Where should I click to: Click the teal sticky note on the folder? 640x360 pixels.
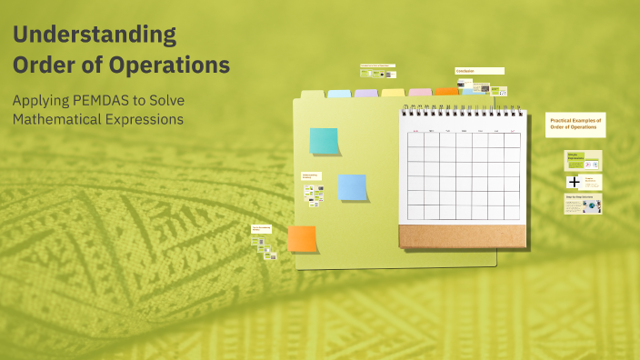click(324, 141)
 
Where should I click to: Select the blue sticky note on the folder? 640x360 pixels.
click(352, 187)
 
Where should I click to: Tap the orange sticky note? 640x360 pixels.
click(302, 239)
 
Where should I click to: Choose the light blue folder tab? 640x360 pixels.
click(339, 93)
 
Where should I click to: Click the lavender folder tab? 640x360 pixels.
click(366, 93)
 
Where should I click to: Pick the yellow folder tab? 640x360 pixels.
click(393, 93)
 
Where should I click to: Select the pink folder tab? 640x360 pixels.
click(420, 92)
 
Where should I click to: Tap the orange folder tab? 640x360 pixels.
click(446, 91)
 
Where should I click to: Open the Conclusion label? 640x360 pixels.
click(479, 71)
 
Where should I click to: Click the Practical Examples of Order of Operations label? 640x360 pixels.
click(575, 125)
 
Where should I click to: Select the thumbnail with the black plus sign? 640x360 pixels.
click(574, 182)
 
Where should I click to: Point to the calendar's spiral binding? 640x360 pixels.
click(462, 110)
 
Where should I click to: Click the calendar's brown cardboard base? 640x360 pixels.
click(462, 235)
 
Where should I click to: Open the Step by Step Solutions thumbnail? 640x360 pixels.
click(582, 205)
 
